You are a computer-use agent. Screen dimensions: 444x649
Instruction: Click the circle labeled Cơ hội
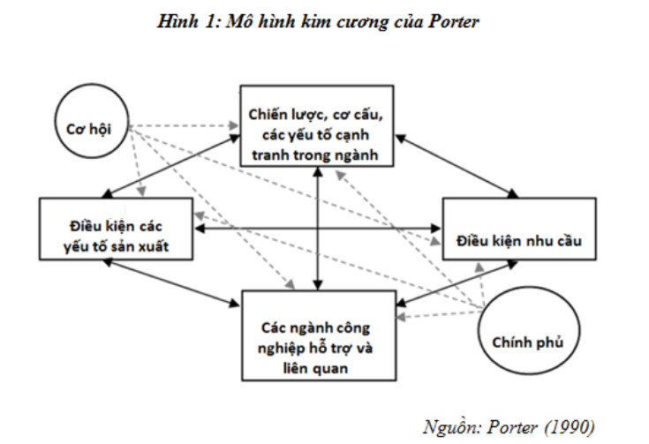[x=91, y=128]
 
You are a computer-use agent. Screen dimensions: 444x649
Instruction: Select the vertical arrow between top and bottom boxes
[x=315, y=230]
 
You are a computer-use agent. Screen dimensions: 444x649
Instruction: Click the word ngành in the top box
[x=358, y=155]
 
